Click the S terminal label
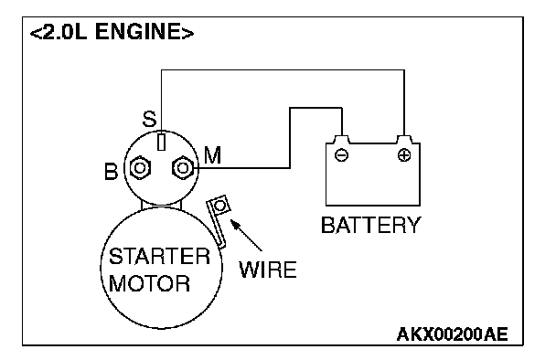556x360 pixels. (149, 119)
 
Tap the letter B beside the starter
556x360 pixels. (111, 171)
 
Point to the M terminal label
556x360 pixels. (213, 155)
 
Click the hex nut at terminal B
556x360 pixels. (140, 167)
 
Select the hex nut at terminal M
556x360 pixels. (183, 167)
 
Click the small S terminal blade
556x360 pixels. (161, 142)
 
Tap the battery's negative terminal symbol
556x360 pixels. (341, 154)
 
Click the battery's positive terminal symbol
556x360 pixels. (404, 154)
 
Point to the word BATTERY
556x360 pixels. (371, 225)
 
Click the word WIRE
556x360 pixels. (268, 270)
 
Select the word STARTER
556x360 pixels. (159, 256)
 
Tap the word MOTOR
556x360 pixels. (149, 283)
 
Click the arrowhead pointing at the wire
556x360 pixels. (235, 224)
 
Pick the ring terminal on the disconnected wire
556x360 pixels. (219, 205)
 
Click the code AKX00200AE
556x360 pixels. (452, 334)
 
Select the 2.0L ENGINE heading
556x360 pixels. (112, 32)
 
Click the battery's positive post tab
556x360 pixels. (404, 139)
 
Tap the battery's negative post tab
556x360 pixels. (341, 139)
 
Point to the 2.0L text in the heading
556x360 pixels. (64, 32)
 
